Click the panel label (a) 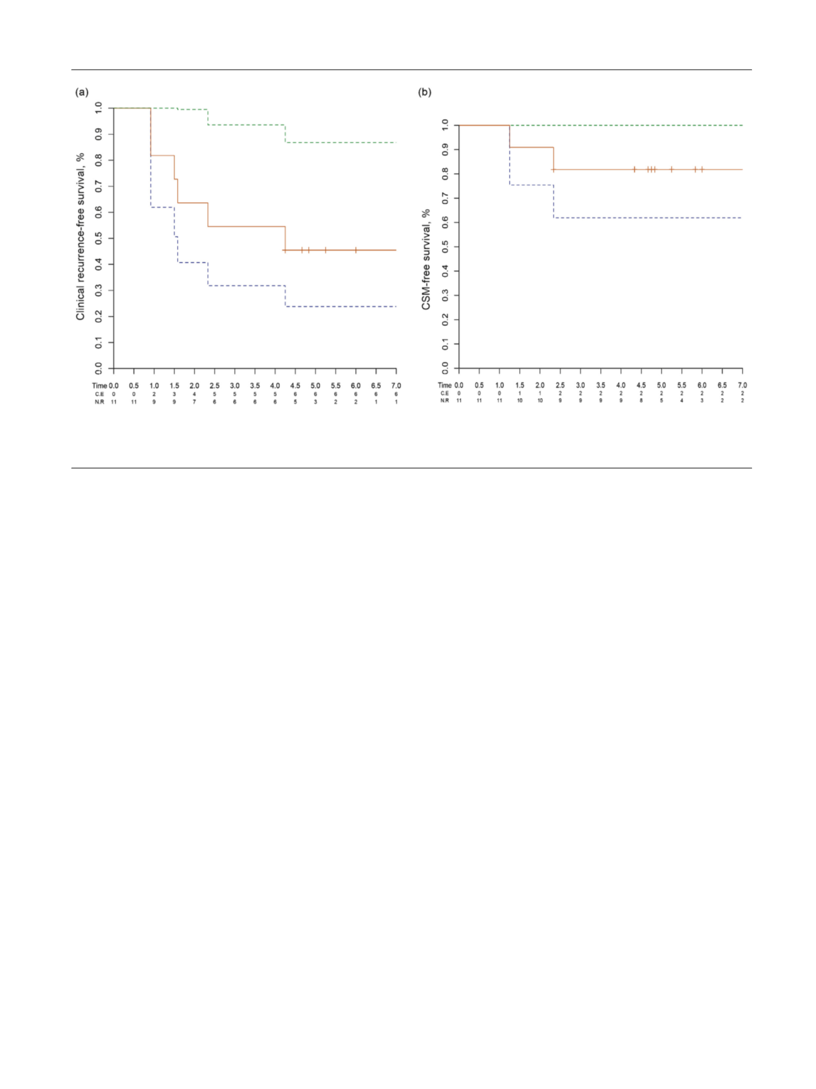pos(82,92)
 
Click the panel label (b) pos(425,92)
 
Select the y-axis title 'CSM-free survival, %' pos(426,259)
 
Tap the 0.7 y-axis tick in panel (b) pos(446,198)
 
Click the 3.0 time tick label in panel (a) pos(235,386)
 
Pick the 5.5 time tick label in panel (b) pos(682,385)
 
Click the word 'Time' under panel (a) pos(100,386)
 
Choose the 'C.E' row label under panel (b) pos(444,393)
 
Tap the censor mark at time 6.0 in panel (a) pos(356,250)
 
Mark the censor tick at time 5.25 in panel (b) pos(672,170)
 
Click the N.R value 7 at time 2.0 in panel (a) pos(195,401)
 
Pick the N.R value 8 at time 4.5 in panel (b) pos(641,400)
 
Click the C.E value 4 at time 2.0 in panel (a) pos(195,394)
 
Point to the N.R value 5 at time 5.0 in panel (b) pos(662,400)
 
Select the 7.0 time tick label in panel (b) pos(743,385)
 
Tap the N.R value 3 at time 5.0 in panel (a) pos(316,401)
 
